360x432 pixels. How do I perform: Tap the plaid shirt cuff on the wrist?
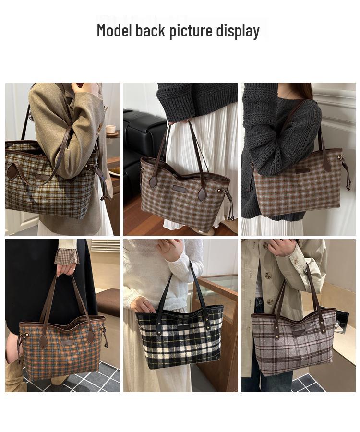pyautogui.click(x=66, y=257)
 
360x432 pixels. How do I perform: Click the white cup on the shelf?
pyautogui.click(x=111, y=129)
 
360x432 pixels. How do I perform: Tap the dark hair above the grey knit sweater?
pyautogui.click(x=300, y=90)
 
